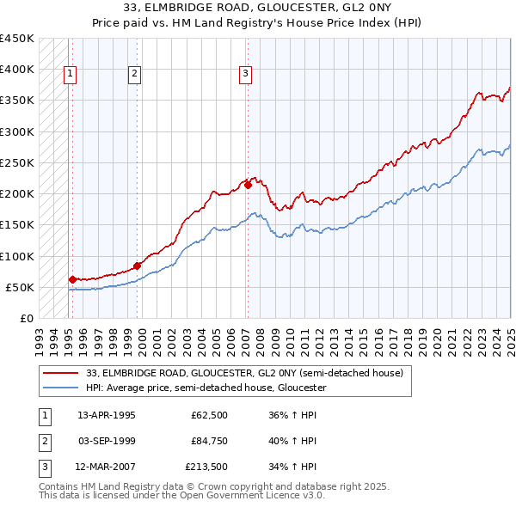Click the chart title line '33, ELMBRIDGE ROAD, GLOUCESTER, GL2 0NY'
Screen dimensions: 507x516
coord(257,9)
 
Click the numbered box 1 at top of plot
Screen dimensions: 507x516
coord(70,74)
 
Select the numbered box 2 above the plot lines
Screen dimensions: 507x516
coord(135,74)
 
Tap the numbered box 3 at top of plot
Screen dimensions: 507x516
coord(245,74)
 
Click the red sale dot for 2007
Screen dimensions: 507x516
coord(248,185)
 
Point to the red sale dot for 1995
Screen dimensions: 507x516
coord(72,279)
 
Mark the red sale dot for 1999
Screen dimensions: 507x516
coord(137,266)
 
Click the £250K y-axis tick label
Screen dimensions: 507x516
coord(17,162)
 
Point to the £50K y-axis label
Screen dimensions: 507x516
coord(21,287)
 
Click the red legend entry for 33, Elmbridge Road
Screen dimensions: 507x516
coord(244,373)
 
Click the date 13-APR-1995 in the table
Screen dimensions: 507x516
coord(107,414)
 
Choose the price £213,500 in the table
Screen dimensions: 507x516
coord(206,467)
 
